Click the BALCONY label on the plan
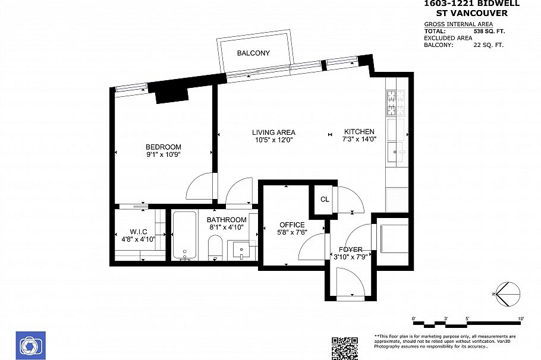coord(253,53)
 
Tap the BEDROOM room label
coord(163,147)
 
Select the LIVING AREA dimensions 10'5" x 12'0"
coord(273,140)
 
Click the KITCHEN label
coord(359,132)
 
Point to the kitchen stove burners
coord(395,103)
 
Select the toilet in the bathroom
coord(215,247)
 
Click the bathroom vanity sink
coord(241,248)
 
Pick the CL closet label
coord(325,200)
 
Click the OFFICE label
coord(292,225)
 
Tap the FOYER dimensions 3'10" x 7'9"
coord(351,257)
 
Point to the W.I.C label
coord(138,232)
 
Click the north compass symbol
coord(506,293)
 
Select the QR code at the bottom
coord(344,348)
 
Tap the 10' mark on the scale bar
coord(520,319)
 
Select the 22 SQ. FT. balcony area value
coord(488,45)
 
